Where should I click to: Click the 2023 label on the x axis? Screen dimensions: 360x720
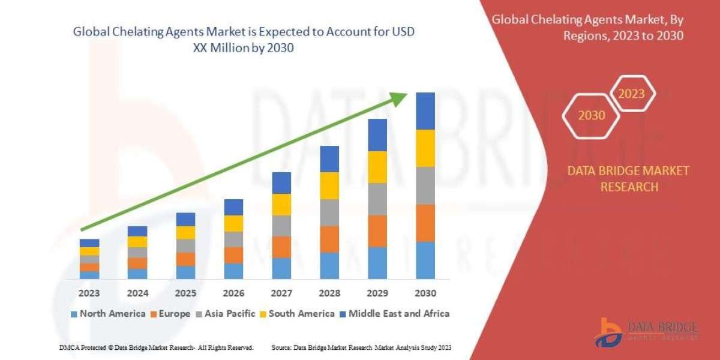coord(89,293)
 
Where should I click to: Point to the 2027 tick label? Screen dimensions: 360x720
coord(281,293)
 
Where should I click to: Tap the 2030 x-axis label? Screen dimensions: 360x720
coord(425,293)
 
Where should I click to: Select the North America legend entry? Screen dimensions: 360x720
coord(108,313)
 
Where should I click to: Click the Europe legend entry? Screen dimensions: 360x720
coord(170,313)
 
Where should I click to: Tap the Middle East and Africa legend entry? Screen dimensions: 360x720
coord(394,313)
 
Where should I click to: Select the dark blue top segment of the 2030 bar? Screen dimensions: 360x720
coord(425,111)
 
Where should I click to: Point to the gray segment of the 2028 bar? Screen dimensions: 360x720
coord(329,212)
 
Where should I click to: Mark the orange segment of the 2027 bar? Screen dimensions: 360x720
coord(281,247)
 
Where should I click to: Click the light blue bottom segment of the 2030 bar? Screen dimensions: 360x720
coord(425,260)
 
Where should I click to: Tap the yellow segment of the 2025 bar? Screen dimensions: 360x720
coord(185,233)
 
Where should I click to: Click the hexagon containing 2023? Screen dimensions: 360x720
coord(631,94)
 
